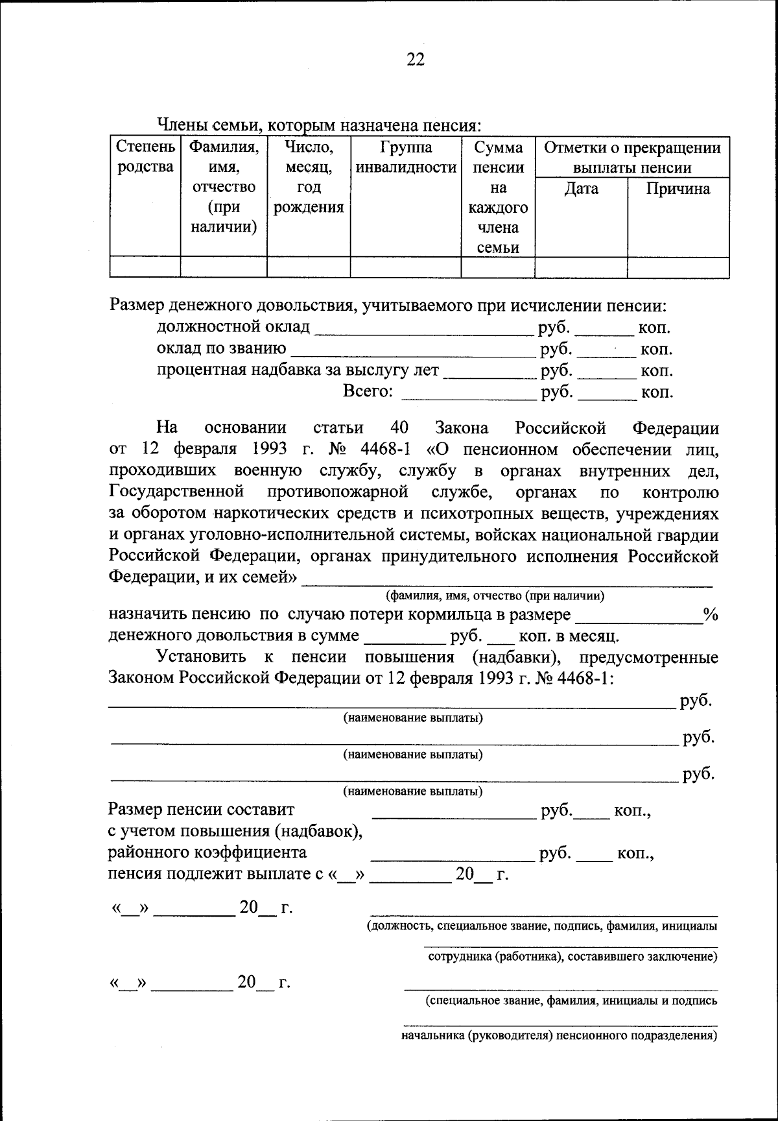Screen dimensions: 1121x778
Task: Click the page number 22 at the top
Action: [x=415, y=60]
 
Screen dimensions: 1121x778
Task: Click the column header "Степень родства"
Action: [x=145, y=158]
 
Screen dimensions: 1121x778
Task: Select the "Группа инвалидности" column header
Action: [x=406, y=158]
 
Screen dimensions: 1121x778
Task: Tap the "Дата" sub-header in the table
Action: [x=581, y=189]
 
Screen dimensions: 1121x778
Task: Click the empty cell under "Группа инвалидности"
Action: [x=406, y=267]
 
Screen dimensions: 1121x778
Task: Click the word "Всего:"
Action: [x=368, y=392]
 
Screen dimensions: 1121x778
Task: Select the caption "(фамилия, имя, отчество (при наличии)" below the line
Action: [x=495, y=596]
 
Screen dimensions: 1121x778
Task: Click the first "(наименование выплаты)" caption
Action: [x=412, y=718]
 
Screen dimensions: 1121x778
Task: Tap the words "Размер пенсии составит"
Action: [x=202, y=810]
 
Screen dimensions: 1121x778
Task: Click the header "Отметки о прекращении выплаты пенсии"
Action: [x=632, y=158]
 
